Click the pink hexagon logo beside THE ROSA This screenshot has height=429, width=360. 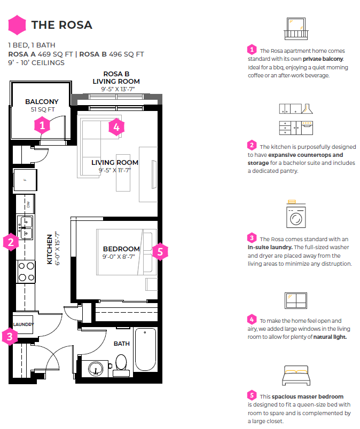pyautogui.click(x=17, y=25)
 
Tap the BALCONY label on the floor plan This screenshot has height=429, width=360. pyautogui.click(x=42, y=102)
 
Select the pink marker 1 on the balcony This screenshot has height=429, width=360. pyautogui.click(x=42, y=125)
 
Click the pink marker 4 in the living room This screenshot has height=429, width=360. pyautogui.click(x=116, y=127)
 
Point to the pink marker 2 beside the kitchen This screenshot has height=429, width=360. pyautogui.click(x=11, y=242)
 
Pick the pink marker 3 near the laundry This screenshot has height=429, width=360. pyautogui.click(x=10, y=337)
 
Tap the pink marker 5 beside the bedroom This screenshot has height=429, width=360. pyautogui.click(x=160, y=252)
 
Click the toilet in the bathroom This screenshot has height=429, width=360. pyautogui.click(x=121, y=366)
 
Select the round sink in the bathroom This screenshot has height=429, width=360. pyautogui.click(x=96, y=368)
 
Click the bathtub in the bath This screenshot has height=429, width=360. pyautogui.click(x=145, y=349)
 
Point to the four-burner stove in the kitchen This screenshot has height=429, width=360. pyautogui.click(x=26, y=272)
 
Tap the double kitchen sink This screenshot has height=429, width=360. pyautogui.click(x=26, y=228)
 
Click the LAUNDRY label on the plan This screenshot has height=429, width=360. pyautogui.click(x=24, y=324)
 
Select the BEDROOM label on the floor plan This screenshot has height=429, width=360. pyautogui.click(x=121, y=249)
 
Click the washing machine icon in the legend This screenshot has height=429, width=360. pyautogui.click(x=296, y=215)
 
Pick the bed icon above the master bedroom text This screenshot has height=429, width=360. pyautogui.click(x=296, y=376)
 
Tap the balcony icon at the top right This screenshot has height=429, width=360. pyautogui.click(x=296, y=29)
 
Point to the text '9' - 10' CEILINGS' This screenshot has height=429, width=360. pyautogui.click(x=36, y=62)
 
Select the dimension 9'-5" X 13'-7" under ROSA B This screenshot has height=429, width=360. pyautogui.click(x=118, y=89)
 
